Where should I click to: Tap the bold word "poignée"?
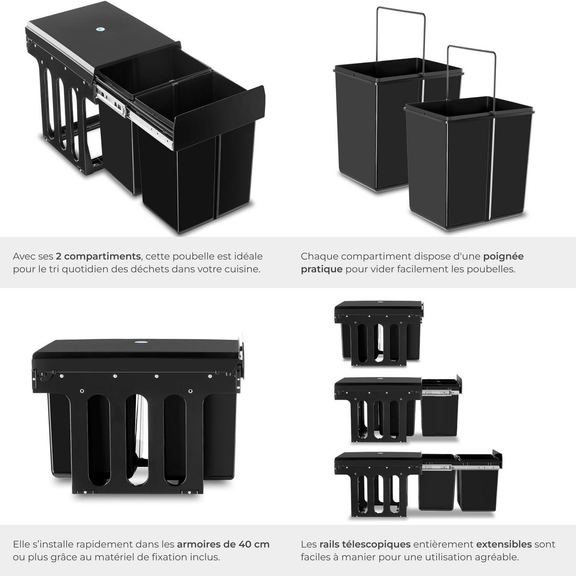(503, 256)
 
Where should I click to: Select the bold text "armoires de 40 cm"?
(223, 544)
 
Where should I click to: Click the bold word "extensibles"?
(504, 544)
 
